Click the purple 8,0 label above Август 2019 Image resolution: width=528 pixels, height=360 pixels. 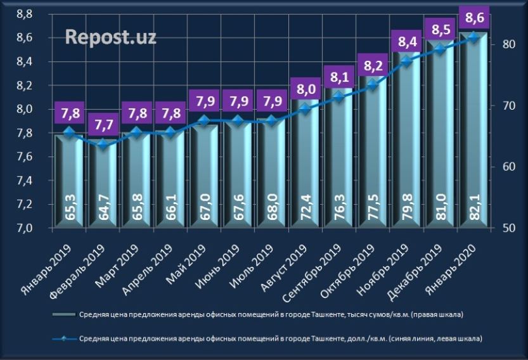306,89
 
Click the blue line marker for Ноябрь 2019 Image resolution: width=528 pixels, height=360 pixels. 407,60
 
